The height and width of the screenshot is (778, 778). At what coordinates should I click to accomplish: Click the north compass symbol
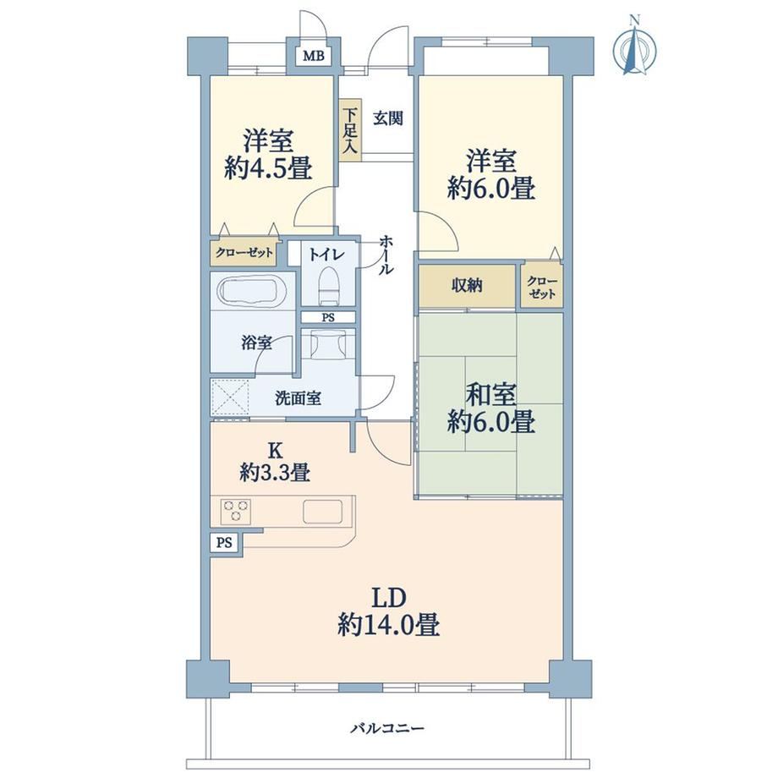coord(634,46)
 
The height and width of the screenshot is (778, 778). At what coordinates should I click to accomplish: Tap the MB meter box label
coord(314,56)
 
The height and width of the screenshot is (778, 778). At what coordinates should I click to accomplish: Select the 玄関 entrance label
coord(388,118)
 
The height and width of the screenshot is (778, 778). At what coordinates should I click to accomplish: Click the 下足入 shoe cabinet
coord(351,130)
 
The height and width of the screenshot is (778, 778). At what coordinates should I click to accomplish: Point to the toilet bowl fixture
coord(330,285)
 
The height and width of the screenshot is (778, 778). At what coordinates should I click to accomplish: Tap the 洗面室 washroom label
coord(298,398)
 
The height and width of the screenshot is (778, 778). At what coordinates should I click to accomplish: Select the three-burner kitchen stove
coord(236,511)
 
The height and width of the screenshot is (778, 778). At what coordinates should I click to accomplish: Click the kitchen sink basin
coord(322,512)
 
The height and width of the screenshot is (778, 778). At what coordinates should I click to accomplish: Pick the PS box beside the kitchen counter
coord(224,543)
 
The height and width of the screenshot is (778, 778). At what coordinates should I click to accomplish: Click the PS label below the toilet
coord(328,318)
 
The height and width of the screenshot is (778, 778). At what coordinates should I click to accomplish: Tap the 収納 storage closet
coord(467,286)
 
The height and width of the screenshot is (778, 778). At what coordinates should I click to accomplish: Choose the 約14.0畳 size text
coord(389,624)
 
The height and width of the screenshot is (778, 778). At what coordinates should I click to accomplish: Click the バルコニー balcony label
coord(387,728)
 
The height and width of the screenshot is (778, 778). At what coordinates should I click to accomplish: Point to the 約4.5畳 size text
coord(268,167)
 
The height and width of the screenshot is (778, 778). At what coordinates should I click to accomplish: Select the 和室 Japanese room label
coord(491,394)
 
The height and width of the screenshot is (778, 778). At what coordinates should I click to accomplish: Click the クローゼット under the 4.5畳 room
coord(244,253)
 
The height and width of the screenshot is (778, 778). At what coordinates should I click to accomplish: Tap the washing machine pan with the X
coord(229,397)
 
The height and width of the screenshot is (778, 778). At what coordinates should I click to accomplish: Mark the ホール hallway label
coord(386,255)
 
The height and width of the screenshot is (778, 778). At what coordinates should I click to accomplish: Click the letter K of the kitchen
coord(275,450)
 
